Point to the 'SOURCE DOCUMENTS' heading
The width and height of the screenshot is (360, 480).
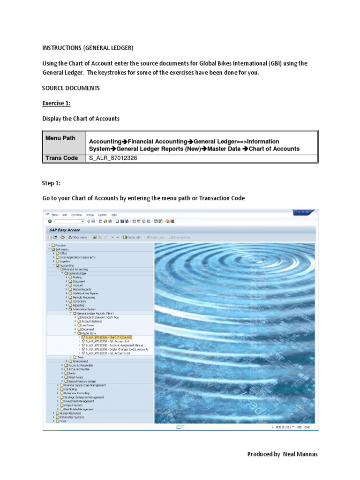coord(70,88)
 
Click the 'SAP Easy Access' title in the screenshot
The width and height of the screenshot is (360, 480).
coord(65,230)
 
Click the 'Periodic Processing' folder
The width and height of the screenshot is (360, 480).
coord(83,297)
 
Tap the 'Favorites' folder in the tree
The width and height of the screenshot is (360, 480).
coord(60,245)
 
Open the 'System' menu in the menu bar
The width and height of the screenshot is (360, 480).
coord(102,214)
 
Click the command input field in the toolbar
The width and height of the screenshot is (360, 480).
coord(68,221)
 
